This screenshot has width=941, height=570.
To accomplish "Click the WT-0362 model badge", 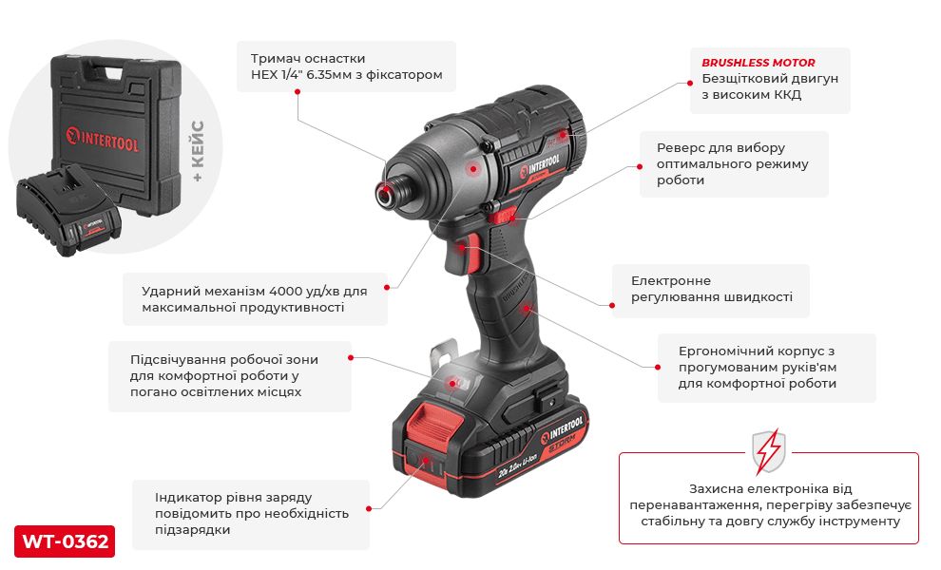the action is coord(65,541).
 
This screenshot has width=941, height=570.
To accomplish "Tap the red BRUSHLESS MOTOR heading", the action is coord(758,63).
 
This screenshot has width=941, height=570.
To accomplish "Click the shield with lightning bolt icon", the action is coord(768,451).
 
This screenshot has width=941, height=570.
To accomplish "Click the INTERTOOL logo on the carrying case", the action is coord(102,140).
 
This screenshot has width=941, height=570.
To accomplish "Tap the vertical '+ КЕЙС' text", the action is coord(198,151).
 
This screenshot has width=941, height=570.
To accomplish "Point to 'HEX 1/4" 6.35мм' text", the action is coord(301,75).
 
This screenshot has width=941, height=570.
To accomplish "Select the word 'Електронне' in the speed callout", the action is coord(671,281).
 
